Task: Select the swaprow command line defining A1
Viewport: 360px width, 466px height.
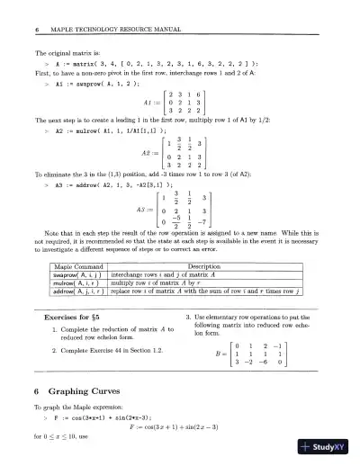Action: point(85,79)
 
